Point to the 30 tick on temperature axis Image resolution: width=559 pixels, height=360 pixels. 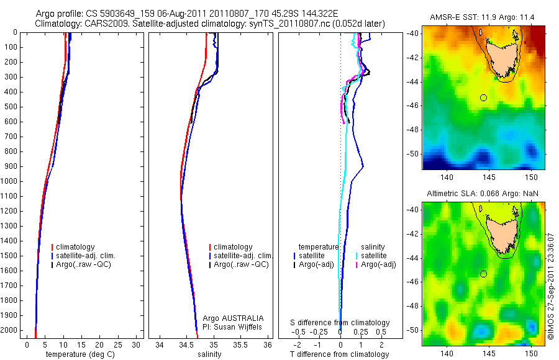coord(136,344)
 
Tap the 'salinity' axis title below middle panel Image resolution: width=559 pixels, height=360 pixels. coord(208,354)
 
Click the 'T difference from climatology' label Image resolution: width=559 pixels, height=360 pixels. coord(339,354)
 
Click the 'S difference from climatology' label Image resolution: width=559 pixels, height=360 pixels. coord(340,323)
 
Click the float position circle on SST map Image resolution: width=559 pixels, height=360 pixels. coord(483,97)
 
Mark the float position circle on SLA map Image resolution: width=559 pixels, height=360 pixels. coord(483,274)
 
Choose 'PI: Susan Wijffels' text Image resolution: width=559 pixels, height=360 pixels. coord(233,326)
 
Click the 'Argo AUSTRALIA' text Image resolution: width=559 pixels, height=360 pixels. coord(233,318)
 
